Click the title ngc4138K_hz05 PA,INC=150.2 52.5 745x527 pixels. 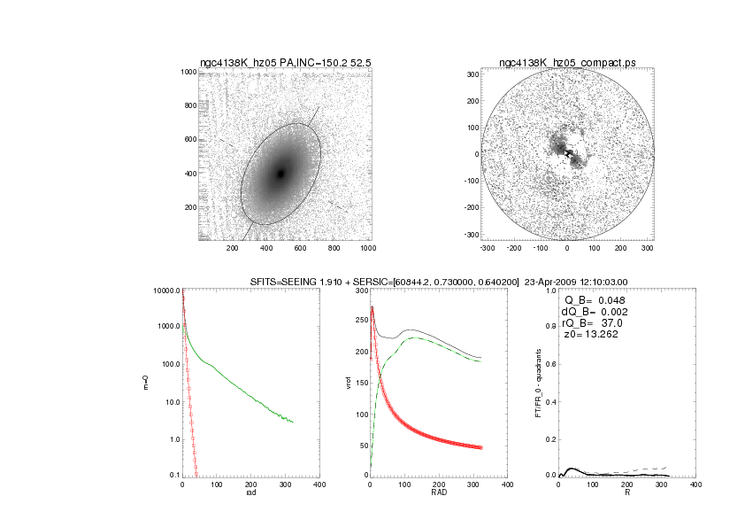point(283,63)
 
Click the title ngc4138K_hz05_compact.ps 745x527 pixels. point(566,63)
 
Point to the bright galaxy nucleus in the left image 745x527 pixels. point(281,174)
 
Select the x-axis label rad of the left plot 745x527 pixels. point(250,492)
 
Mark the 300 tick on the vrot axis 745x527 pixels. point(360,291)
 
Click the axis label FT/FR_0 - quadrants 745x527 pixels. point(536,384)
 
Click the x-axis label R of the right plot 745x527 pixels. point(626,492)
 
